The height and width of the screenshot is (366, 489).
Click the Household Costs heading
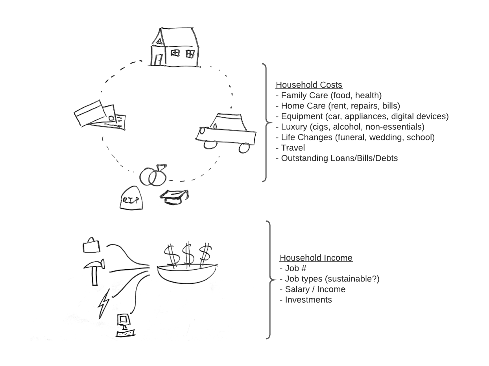point(309,85)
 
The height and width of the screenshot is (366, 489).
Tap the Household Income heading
point(316,258)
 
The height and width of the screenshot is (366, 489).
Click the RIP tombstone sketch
point(131,199)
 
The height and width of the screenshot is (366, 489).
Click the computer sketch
point(125,324)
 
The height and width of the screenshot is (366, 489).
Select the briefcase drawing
point(91,245)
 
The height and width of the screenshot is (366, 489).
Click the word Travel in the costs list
point(293,148)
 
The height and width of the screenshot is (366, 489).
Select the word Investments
point(308,300)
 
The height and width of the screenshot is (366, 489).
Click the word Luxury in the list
point(294,127)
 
